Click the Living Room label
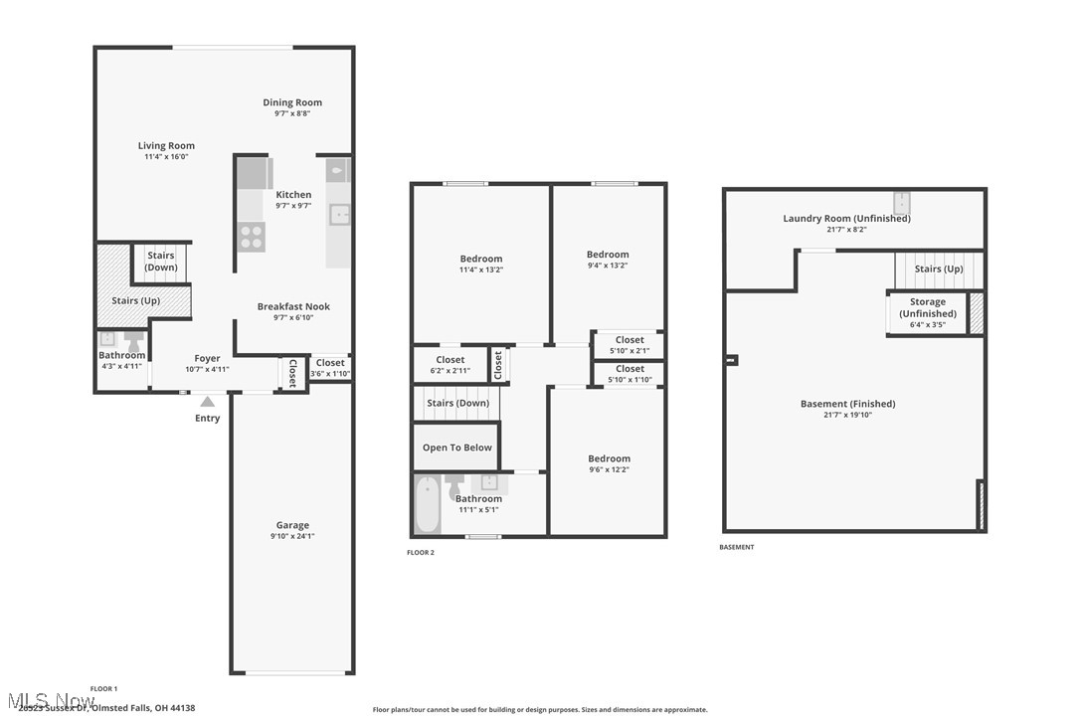pyautogui.click(x=166, y=146)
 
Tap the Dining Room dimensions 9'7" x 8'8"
pyautogui.click(x=292, y=113)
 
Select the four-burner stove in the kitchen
pyautogui.click(x=252, y=236)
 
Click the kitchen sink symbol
pyautogui.click(x=340, y=213)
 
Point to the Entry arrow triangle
pyautogui.click(x=207, y=402)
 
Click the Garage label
pyautogui.click(x=292, y=525)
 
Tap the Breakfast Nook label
pyautogui.click(x=293, y=306)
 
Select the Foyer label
pyautogui.click(x=207, y=358)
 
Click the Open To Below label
pyautogui.click(x=456, y=448)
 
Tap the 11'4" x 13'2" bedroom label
pyautogui.click(x=480, y=259)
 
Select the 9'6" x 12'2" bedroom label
pyautogui.click(x=608, y=458)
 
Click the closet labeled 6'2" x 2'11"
pyautogui.click(x=450, y=360)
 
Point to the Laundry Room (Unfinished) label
pyautogui.click(x=846, y=218)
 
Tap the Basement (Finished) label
pyautogui.click(x=847, y=404)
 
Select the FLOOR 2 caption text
pyautogui.click(x=421, y=552)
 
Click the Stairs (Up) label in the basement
pyautogui.click(x=939, y=269)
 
